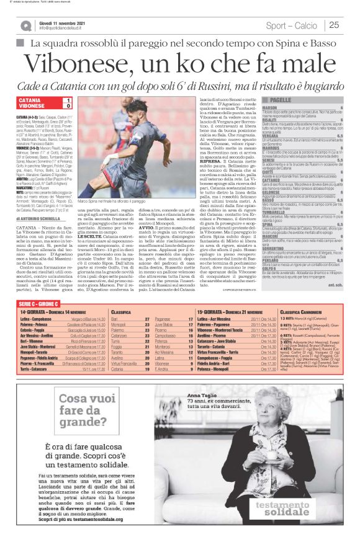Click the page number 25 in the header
pyautogui.click(x=334, y=25)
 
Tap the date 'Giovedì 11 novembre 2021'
pyautogui.click(x=61, y=22)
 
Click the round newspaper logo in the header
pyautogui.click(x=25, y=25)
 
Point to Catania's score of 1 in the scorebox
pyautogui.click(x=68, y=100)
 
